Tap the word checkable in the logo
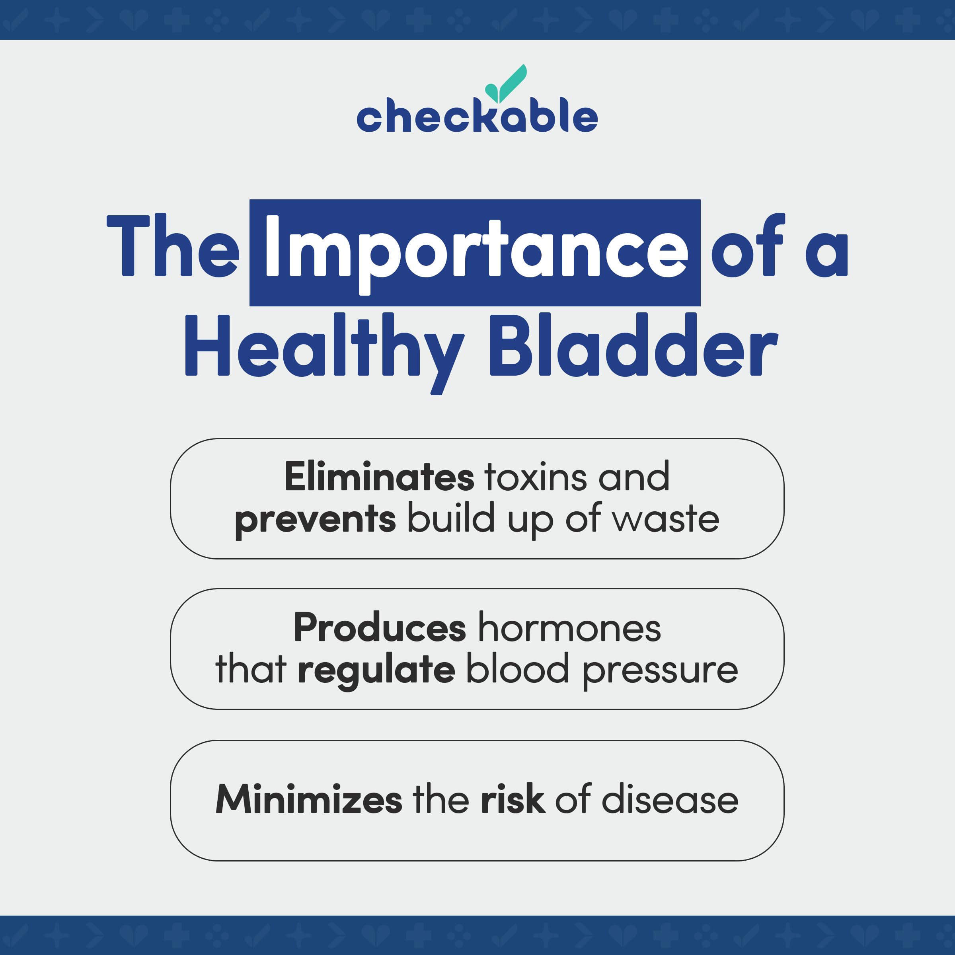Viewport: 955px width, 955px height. coord(477,117)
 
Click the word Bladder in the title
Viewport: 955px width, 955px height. coord(634,346)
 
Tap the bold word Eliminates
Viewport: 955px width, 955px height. coord(379,477)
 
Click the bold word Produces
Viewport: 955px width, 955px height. coord(380,628)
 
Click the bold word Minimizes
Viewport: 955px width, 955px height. coord(309,799)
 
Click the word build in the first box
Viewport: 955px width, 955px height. coord(451,518)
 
